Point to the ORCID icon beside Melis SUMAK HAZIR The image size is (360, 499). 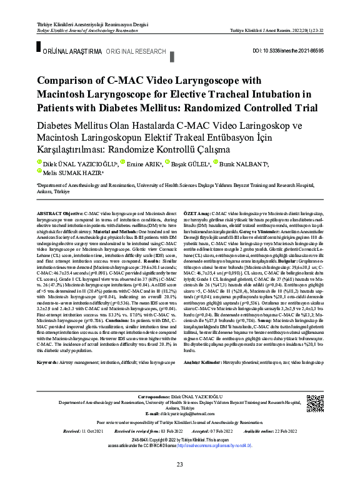coord(39,171)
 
